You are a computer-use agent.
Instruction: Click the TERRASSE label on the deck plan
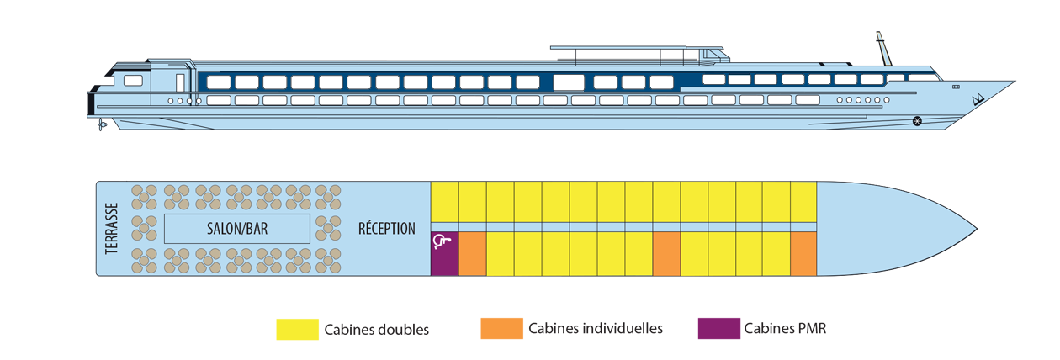click(x=112, y=228)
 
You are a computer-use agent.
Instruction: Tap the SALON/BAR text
click(x=236, y=228)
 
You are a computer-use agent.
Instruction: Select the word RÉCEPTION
click(x=387, y=228)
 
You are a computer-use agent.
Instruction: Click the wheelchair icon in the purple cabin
click(x=443, y=243)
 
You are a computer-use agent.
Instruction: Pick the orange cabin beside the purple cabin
click(x=472, y=253)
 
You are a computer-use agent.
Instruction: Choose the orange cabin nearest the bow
click(x=803, y=253)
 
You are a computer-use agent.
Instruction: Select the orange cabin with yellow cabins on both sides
click(x=665, y=253)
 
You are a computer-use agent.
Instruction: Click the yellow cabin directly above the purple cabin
click(x=444, y=202)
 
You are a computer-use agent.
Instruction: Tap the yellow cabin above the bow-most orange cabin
click(x=803, y=202)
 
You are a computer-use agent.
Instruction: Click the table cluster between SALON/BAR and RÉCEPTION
click(x=327, y=228)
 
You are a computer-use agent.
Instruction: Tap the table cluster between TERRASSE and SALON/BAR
click(x=145, y=228)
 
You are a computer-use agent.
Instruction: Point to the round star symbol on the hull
click(x=916, y=122)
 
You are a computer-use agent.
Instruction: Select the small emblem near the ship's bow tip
click(x=978, y=100)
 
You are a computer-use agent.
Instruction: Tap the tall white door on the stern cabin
click(x=180, y=82)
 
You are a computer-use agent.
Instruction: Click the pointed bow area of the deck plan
click(x=909, y=228)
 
